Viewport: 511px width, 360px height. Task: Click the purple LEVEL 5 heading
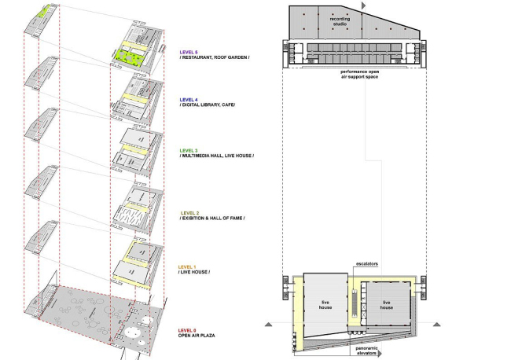189,52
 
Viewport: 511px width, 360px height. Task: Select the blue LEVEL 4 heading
189,100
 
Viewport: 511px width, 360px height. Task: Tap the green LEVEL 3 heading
189,150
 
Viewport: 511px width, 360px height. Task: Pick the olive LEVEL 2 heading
189,213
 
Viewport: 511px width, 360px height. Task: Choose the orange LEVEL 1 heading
187,267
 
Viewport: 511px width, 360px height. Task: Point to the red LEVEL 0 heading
187,331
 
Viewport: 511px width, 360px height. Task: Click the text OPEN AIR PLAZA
197,336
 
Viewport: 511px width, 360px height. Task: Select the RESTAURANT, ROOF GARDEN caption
215,57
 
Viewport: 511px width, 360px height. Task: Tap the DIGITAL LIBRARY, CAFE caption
208,105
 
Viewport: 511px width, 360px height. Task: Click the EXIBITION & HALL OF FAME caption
212,219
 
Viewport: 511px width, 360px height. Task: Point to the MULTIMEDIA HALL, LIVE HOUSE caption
217,156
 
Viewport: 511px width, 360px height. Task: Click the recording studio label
340,21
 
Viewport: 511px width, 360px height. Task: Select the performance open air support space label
360,75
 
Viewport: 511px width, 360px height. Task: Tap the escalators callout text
367,264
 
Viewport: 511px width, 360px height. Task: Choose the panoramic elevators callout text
366,351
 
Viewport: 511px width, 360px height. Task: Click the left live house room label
325,305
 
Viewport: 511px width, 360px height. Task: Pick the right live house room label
387,305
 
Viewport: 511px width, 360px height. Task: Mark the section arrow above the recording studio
364,6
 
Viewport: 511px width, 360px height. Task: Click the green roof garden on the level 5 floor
131,58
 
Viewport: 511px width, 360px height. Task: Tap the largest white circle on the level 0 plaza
132,332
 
